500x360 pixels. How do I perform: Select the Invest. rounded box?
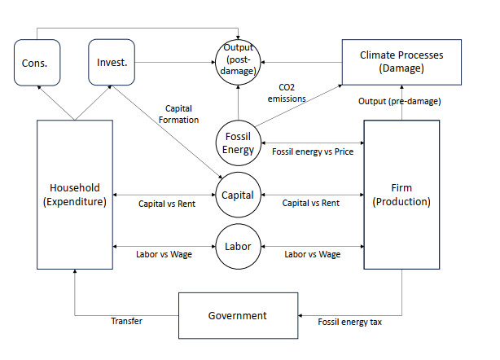click(111, 62)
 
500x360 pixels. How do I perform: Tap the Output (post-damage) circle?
click(238, 62)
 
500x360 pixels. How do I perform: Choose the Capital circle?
click(238, 195)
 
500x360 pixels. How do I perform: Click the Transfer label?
click(127, 322)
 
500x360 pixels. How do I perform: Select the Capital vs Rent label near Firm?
click(310, 204)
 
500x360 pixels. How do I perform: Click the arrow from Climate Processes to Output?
click(300, 62)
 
